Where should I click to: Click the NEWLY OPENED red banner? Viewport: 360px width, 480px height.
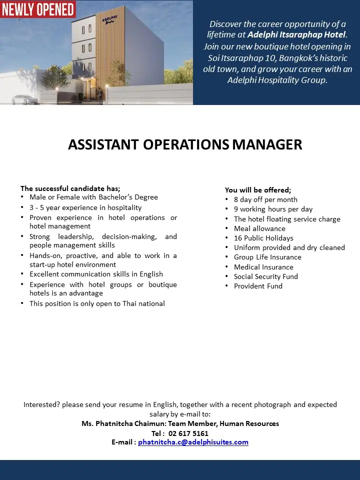(38, 9)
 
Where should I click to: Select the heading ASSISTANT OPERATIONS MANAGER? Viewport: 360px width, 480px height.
(185, 144)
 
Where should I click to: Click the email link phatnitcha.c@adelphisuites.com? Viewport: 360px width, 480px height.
(193, 442)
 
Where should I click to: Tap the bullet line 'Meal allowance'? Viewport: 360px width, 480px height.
(259, 228)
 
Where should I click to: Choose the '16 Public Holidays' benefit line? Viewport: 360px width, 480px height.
(263, 238)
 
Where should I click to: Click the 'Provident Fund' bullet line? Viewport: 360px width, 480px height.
(258, 286)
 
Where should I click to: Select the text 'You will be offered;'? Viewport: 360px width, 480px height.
(258, 190)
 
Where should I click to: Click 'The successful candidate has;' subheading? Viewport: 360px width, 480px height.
(70, 188)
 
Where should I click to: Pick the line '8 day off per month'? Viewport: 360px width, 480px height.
(265, 199)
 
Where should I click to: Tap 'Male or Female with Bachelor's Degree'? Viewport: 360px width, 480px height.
(93, 197)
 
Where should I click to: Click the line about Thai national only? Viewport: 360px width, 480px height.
(97, 303)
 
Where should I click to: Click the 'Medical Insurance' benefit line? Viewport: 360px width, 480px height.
(263, 267)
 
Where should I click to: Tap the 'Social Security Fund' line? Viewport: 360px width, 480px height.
(265, 276)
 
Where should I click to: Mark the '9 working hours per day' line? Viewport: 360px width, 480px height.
(273, 209)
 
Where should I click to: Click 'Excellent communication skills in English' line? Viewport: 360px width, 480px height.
(96, 274)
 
